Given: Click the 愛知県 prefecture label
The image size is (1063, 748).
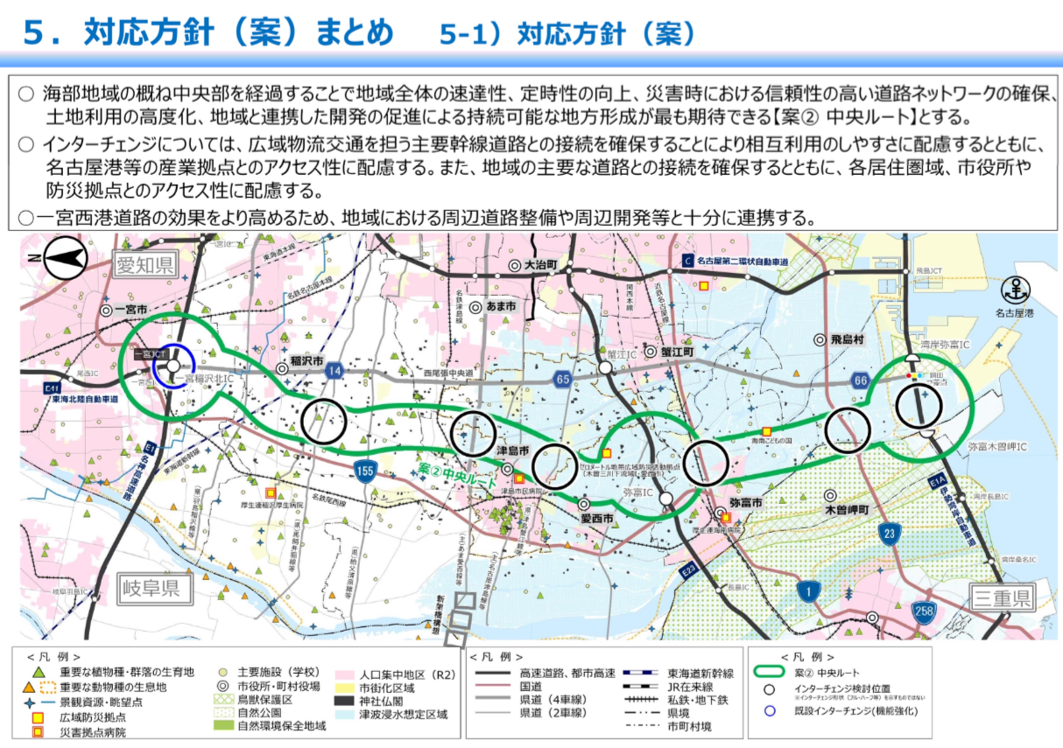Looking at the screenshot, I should pyautogui.click(x=145, y=262).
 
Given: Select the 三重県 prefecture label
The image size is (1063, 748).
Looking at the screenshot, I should pyautogui.click(x=1002, y=598).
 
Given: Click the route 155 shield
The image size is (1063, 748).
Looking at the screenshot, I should pyautogui.click(x=366, y=472).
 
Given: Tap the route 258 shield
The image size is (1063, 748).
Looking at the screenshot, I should pyautogui.click(x=923, y=610).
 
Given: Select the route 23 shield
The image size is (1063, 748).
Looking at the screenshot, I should pyautogui.click(x=891, y=534).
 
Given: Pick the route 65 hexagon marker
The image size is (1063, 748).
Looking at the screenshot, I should pyautogui.click(x=562, y=379).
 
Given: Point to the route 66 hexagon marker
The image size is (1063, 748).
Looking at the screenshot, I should pyautogui.click(x=859, y=379).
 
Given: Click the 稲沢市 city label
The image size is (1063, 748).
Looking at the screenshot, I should pyautogui.click(x=307, y=360).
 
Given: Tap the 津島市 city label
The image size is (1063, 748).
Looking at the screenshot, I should pyautogui.click(x=512, y=450).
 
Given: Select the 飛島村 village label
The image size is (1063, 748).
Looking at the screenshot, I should pyautogui.click(x=847, y=339).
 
